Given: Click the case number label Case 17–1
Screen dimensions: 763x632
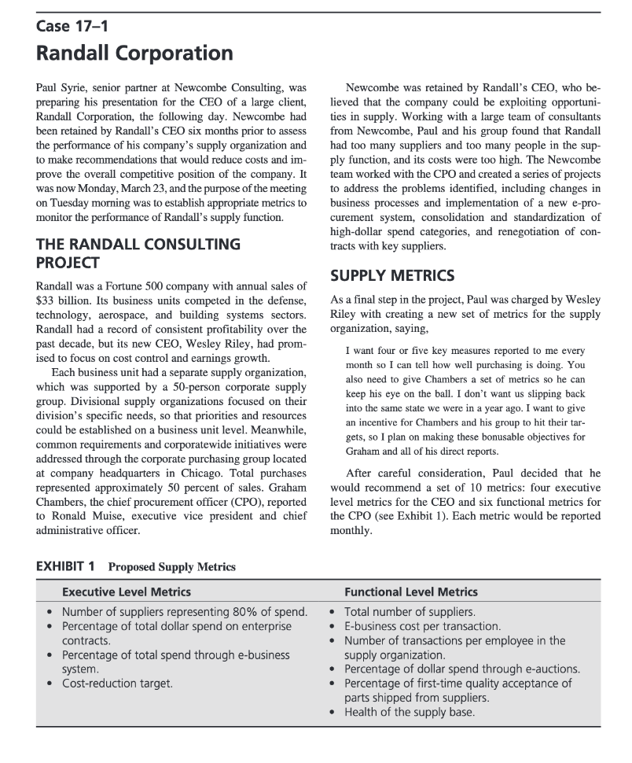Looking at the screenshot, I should pos(72,27).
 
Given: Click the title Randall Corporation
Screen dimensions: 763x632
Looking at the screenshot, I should pos(134,54).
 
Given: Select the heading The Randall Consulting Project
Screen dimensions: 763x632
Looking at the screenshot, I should pos(138,252).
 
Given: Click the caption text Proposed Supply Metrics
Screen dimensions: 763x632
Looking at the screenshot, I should pos(171,566).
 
